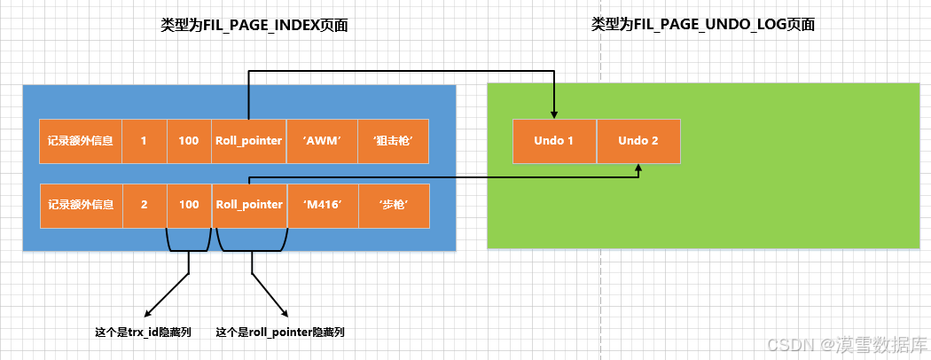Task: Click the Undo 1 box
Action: pyautogui.click(x=554, y=141)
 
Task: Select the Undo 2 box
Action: pyautogui.click(x=638, y=141)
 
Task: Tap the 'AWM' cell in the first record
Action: pyautogui.click(x=322, y=141)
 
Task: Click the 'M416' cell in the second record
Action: pyautogui.click(x=322, y=205)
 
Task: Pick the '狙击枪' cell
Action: pyautogui.click(x=394, y=141)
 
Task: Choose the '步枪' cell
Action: pyautogui.click(x=394, y=205)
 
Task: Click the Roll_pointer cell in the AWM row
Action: pyautogui.click(x=248, y=141)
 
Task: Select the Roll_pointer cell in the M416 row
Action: pyautogui.click(x=248, y=205)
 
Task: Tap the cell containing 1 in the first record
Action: pyautogui.click(x=144, y=141)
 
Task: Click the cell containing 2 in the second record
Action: pyautogui.click(x=144, y=205)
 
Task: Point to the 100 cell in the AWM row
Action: pyautogui.click(x=189, y=141)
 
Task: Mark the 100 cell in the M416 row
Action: pyautogui.click(x=189, y=205)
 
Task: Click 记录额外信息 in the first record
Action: pyautogui.click(x=81, y=141)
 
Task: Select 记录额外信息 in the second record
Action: pyautogui.click(x=81, y=205)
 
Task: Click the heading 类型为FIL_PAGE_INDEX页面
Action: pyautogui.click(x=254, y=26)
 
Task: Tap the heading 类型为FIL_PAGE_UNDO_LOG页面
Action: pyautogui.click(x=703, y=26)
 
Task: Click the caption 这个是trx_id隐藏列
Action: pyautogui.click(x=143, y=333)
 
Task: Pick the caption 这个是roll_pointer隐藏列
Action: pyautogui.click(x=280, y=333)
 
